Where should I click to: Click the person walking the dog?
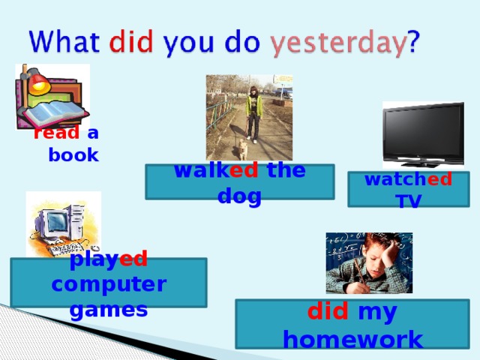coord(253,112)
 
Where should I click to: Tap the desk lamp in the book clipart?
coord(34,81)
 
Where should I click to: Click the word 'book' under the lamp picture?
coord(73,155)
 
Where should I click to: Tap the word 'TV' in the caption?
coord(409,200)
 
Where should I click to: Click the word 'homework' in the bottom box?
coord(352,339)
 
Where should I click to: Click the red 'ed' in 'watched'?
coord(439,180)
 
